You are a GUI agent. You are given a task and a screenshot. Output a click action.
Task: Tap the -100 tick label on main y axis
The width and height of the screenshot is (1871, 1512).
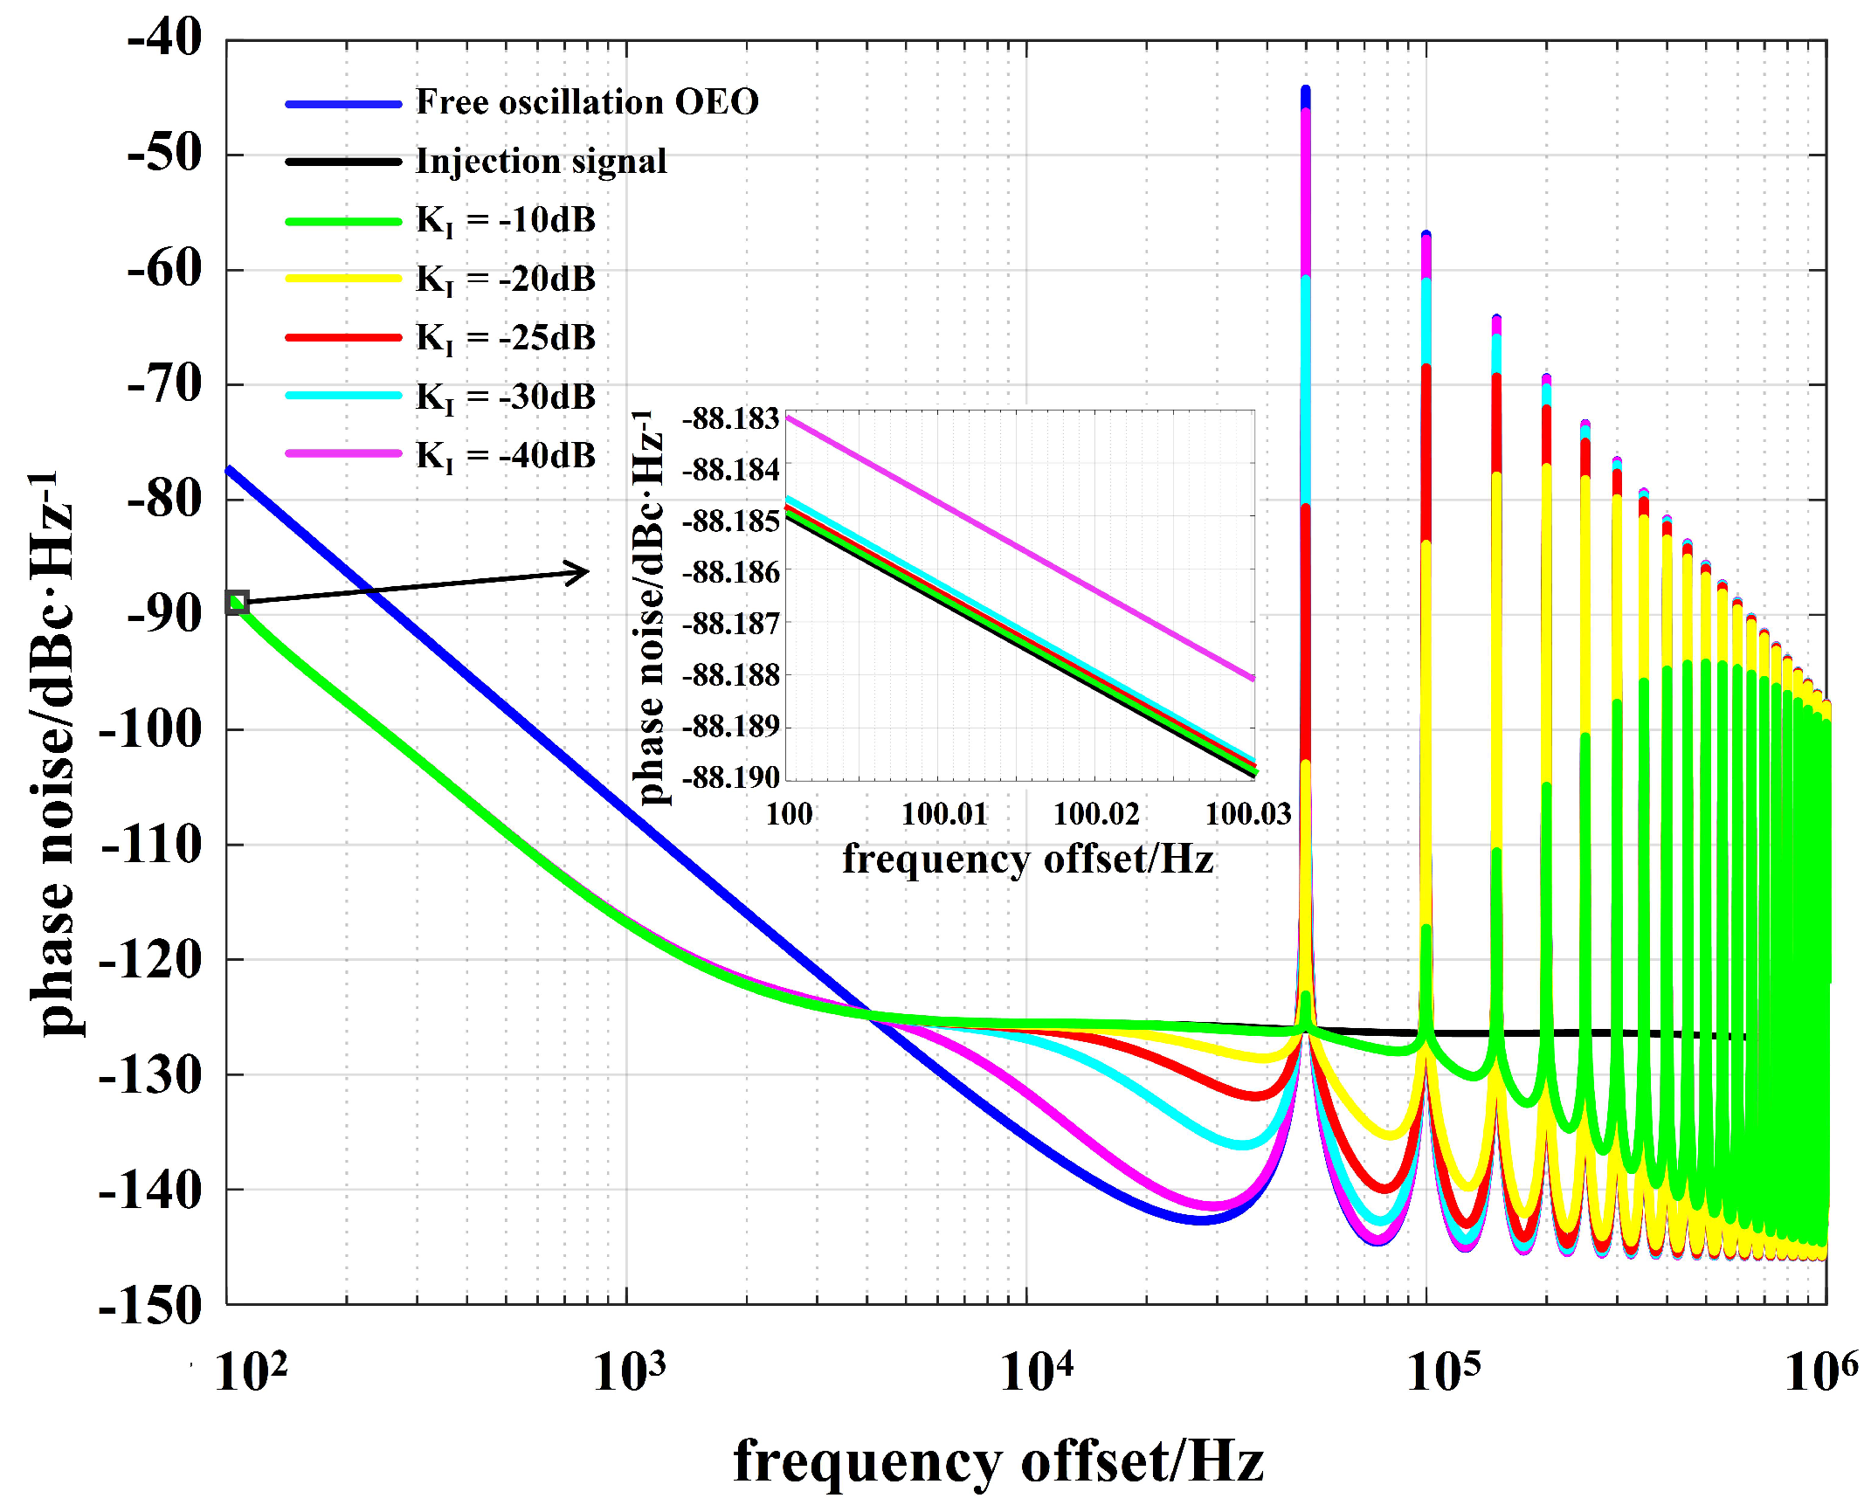pyautogui.click(x=150, y=728)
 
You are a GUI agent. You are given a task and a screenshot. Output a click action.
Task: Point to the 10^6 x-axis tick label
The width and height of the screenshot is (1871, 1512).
pyautogui.click(x=1820, y=1371)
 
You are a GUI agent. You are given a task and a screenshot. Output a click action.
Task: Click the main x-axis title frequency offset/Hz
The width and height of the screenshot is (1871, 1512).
pyautogui.click(x=998, y=1462)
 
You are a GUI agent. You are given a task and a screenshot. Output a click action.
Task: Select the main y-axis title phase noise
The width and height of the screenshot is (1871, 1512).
pyautogui.click(x=52, y=756)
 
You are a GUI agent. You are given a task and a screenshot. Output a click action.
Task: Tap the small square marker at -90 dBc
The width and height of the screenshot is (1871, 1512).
pyautogui.click(x=237, y=602)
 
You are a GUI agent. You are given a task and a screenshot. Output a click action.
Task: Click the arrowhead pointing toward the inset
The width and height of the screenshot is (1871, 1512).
pyautogui.click(x=579, y=573)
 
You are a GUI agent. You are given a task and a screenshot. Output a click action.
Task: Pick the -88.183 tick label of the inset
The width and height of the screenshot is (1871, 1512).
pyautogui.click(x=730, y=419)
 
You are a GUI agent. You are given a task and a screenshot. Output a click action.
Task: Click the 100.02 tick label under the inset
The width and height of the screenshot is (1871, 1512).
pyautogui.click(x=1096, y=814)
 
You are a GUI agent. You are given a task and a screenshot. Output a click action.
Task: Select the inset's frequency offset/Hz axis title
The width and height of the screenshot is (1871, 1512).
pyautogui.click(x=1028, y=860)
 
